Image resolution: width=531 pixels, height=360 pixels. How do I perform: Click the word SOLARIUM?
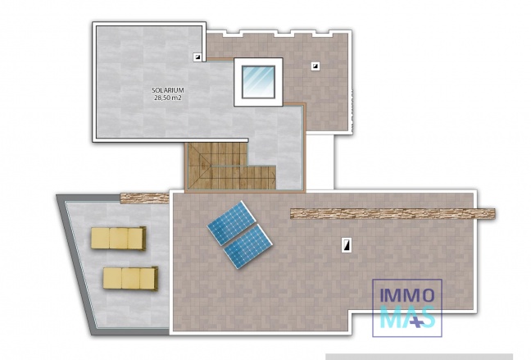click(x=166, y=89)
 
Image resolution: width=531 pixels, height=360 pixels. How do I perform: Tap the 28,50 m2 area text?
click(x=166, y=98)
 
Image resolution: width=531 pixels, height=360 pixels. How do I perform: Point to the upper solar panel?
click(x=232, y=221)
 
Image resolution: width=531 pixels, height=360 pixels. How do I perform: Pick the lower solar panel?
click(x=249, y=245)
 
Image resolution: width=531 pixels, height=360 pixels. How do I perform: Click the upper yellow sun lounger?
click(x=119, y=239)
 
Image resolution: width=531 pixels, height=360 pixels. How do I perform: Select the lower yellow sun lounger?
click(x=130, y=278)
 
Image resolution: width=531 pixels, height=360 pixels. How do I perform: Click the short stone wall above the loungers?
click(x=143, y=198)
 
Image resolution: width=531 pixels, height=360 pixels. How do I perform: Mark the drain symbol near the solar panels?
click(x=347, y=244)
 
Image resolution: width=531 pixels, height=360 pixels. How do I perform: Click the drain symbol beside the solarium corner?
click(x=197, y=57)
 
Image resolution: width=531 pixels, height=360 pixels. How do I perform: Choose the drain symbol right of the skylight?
click(x=315, y=66)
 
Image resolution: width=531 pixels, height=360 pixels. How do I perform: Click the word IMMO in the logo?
click(x=407, y=294)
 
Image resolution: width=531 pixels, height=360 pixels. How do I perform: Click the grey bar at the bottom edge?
click(x=419, y=357)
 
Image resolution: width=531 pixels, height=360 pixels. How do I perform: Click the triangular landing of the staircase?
click(x=201, y=177)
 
